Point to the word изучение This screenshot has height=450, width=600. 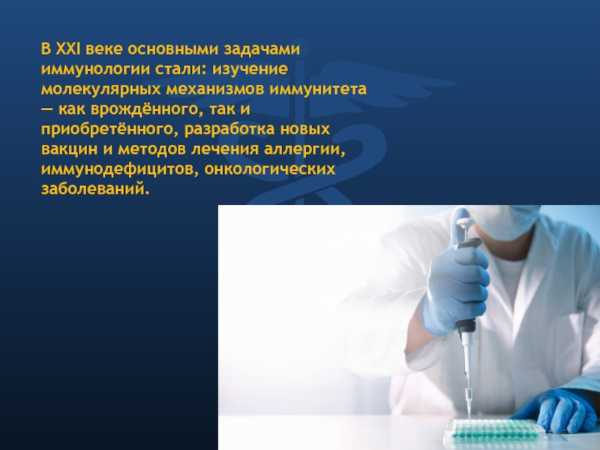click(x=250, y=69)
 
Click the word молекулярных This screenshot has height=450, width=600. click(x=101, y=89)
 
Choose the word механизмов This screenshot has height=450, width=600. click(x=214, y=89)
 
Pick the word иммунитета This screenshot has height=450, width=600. click(x=318, y=89)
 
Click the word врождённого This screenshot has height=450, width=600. click(x=145, y=109)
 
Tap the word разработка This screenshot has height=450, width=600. click(x=229, y=129)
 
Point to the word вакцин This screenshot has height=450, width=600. click(x=69, y=149)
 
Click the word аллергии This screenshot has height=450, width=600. click(x=304, y=149)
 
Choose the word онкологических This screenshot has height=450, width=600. click(x=270, y=169)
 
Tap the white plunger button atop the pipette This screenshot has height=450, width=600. click(x=465, y=222)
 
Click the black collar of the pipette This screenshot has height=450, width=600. click(x=466, y=325)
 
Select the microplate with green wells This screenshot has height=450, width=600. click(x=494, y=430)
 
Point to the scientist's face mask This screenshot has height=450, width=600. click(x=504, y=222)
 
